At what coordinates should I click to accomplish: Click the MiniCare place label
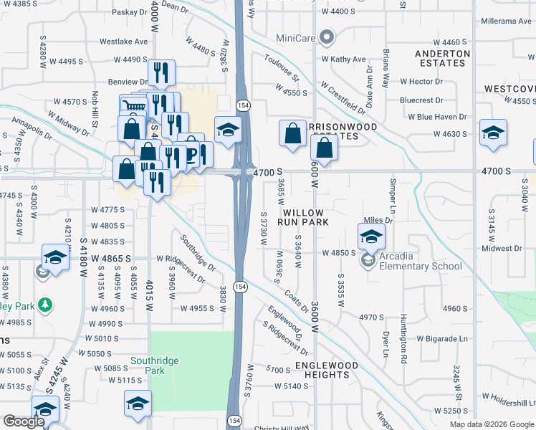295,37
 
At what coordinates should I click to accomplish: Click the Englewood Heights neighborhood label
327,370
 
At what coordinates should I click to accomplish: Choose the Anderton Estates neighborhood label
442,58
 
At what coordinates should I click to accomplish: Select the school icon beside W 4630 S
493,133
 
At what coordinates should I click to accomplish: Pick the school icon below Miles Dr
371,236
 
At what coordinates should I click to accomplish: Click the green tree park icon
45,305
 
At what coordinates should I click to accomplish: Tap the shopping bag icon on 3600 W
325,148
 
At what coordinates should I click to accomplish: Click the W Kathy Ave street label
343,59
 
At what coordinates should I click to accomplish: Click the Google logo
24,421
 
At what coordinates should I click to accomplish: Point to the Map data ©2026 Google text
491,424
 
